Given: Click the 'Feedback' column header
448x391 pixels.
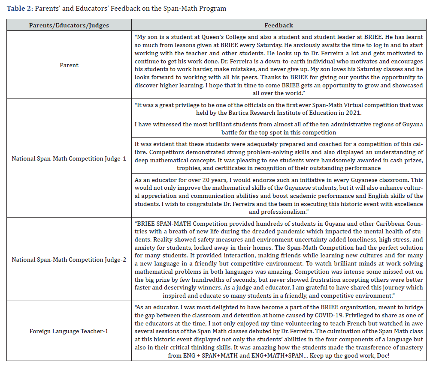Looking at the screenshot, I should (x=278, y=26).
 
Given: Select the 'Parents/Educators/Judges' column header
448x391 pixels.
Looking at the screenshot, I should (x=69, y=26).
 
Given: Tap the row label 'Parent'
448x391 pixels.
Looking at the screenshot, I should (x=69, y=66).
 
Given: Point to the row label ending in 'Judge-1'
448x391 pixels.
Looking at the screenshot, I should (x=69, y=159).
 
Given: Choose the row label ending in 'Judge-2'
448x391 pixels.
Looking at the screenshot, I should (x=69, y=260).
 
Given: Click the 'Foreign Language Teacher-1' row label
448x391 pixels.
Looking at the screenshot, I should (x=69, y=331).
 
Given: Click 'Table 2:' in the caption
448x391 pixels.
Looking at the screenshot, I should (x=19, y=9).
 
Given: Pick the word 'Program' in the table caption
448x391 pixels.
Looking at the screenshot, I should (x=214, y=9).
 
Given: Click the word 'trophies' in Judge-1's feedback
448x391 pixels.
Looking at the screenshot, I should (x=188, y=168).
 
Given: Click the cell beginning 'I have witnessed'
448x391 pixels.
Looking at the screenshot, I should (x=278, y=128).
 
